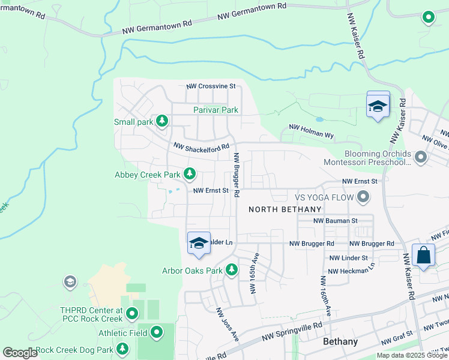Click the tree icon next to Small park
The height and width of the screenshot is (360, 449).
[161, 122]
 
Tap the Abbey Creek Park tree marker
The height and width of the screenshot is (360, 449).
[190, 175]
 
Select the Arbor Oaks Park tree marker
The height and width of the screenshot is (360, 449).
[232, 271]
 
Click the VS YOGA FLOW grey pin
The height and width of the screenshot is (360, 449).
[363, 197]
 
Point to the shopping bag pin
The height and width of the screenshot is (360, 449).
[424, 255]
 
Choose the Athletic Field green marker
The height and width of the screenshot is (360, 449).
[157, 331]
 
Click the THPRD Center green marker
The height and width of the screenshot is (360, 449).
[133, 313]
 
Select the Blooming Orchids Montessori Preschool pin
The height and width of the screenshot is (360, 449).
[420, 158]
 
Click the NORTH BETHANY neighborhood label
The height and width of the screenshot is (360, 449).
[285, 209]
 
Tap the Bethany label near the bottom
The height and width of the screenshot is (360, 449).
[340, 342]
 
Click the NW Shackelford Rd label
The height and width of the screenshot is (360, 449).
[202, 146]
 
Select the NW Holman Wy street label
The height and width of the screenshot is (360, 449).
[311, 127]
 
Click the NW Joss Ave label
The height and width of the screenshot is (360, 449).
[227, 325]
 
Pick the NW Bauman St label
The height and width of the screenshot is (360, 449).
[336, 221]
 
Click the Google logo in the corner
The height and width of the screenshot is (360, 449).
[20, 353]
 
